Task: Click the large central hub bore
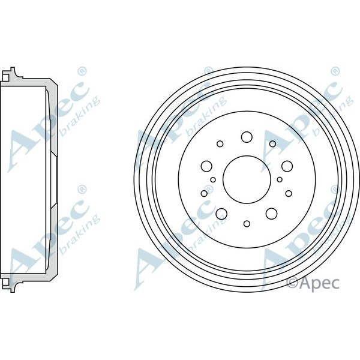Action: [x=246, y=179]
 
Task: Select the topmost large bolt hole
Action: [x=246, y=137]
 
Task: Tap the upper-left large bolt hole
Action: [x=207, y=166]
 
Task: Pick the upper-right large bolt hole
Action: [x=287, y=166]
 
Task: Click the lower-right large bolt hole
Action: [x=271, y=213]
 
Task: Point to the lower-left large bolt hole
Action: [x=221, y=213]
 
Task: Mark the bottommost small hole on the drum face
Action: [x=247, y=224]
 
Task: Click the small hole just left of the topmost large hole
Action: [x=220, y=144]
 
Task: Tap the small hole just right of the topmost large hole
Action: [x=272, y=144]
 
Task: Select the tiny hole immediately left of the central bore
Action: [x=213, y=179]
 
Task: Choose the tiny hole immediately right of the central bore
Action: [x=280, y=179]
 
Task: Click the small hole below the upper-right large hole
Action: [x=289, y=193]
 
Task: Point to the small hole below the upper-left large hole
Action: [x=204, y=193]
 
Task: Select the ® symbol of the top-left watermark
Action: [x=82, y=71]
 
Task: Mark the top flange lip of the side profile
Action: [x=12, y=74]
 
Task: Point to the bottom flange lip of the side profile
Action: [x=12, y=282]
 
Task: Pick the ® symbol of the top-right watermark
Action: [x=334, y=71]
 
